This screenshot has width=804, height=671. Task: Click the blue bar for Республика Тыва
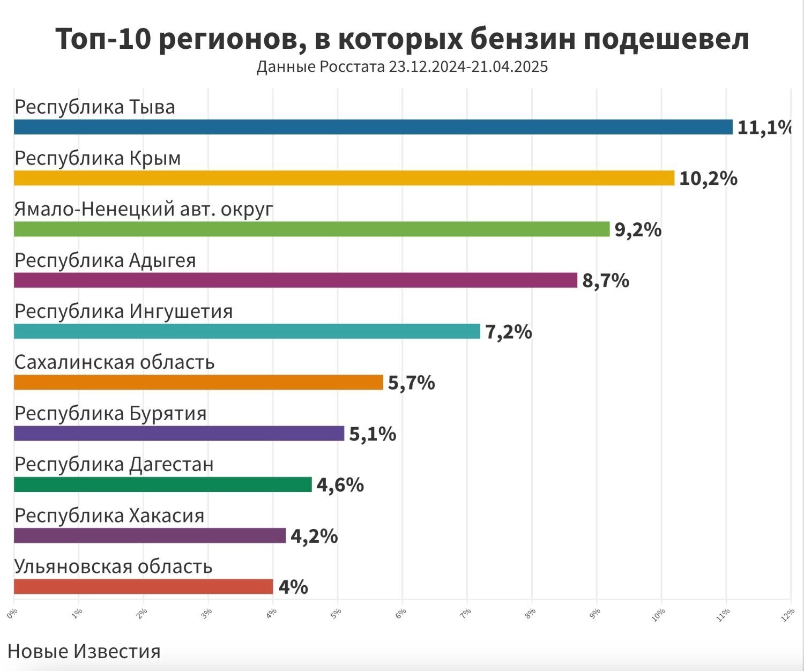pos(373,127)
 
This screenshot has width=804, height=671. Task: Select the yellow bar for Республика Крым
pos(344,178)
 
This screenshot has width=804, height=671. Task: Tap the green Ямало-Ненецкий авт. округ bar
pos(311,229)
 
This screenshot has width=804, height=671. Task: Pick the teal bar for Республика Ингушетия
pos(247,331)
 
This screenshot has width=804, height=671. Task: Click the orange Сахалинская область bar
pos(198,382)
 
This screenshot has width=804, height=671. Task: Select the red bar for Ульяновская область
pos(143,586)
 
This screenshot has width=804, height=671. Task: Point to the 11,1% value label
pos(764,128)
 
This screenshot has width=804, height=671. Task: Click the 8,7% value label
pos(606,281)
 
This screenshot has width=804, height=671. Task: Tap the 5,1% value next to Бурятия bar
pos(373,434)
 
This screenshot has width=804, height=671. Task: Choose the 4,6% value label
pos(340,485)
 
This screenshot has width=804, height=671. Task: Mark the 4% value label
pos(293,587)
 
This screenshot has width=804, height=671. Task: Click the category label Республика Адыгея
pos(105,260)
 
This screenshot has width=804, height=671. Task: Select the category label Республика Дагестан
pos(114,465)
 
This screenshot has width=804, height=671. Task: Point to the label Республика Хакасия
pos(109,516)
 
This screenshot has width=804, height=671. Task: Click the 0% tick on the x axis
pos(13,613)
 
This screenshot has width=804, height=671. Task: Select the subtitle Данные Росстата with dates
pos(402,67)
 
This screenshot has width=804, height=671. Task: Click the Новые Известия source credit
pos(84,651)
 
